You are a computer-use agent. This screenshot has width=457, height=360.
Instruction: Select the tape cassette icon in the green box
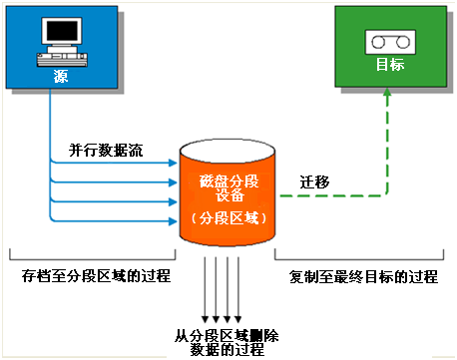(384, 42)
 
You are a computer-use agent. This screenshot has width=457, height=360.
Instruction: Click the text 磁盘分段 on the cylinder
(228, 181)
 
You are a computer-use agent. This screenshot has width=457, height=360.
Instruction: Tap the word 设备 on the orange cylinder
(228, 197)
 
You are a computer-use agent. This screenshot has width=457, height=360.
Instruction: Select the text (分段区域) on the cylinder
(228, 218)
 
